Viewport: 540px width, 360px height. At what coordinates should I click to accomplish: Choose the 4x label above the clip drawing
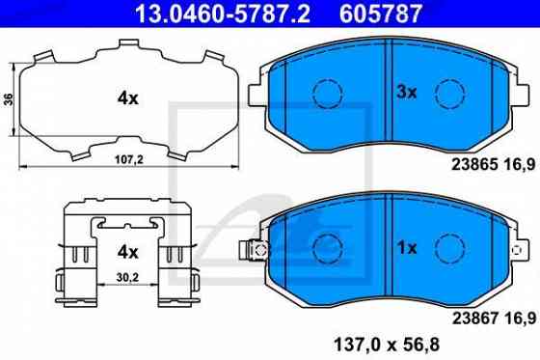coord(128,253)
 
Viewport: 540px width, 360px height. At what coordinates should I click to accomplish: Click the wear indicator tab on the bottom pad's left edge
coord(256,248)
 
